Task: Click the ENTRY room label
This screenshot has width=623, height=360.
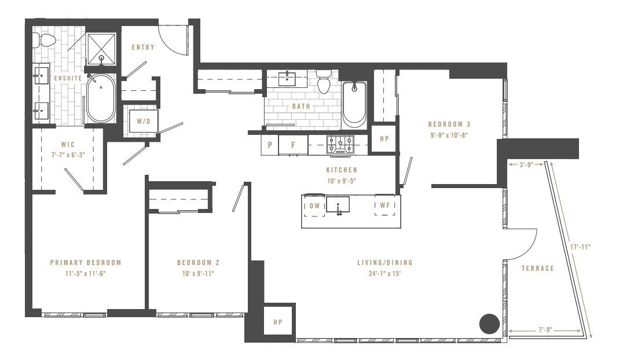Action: coord(143,47)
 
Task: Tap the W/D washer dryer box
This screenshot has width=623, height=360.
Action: coord(142,122)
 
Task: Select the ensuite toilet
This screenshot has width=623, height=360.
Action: coord(45,40)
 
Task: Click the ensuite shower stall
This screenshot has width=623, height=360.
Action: coord(101,47)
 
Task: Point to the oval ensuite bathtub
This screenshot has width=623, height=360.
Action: coord(101,100)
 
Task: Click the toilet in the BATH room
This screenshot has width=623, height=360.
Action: coord(324,83)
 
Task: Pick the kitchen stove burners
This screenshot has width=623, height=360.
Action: coord(340,144)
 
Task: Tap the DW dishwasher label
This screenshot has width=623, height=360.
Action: coord(315,205)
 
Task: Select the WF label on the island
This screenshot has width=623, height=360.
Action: coord(384,205)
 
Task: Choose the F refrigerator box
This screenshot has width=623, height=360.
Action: coord(293,145)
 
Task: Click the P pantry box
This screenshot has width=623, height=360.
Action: coord(270,145)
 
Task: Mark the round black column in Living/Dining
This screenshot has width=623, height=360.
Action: coord(490,324)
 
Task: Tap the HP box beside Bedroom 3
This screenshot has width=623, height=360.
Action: coord(384,139)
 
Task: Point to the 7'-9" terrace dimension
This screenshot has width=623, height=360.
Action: coord(544,330)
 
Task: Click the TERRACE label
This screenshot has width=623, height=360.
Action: coord(537,268)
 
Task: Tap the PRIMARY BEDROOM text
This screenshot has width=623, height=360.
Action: coord(86,262)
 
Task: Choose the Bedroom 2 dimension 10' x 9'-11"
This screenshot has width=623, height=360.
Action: coord(198,273)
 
